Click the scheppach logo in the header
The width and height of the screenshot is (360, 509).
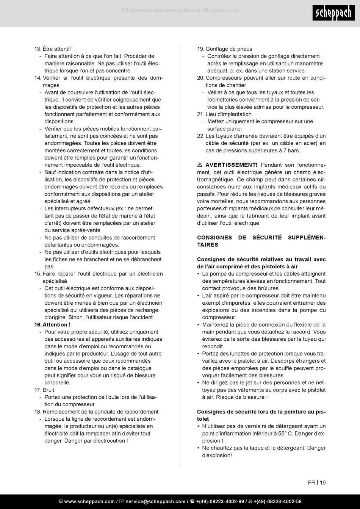click(x=334, y=14)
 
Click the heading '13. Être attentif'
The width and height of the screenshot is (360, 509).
click(x=53, y=49)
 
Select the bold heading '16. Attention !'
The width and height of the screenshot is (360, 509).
click(x=52, y=325)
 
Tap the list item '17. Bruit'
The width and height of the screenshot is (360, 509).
click(x=44, y=390)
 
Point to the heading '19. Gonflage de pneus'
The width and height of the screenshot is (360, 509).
click(x=224, y=49)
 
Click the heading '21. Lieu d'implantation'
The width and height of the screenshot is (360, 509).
click(x=224, y=114)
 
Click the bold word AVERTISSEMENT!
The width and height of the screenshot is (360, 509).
click(x=231, y=165)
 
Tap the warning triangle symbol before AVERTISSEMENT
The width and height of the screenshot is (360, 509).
click(x=200, y=165)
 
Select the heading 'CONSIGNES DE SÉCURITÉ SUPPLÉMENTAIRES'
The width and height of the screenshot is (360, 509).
click(x=261, y=241)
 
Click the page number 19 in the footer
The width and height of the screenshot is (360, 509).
click(x=322, y=482)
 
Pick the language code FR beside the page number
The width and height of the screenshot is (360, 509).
click(x=311, y=482)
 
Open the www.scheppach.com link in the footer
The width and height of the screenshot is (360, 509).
click(x=89, y=501)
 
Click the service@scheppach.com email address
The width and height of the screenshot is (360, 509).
click(x=155, y=501)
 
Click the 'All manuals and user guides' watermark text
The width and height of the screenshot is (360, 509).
click(x=180, y=10)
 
